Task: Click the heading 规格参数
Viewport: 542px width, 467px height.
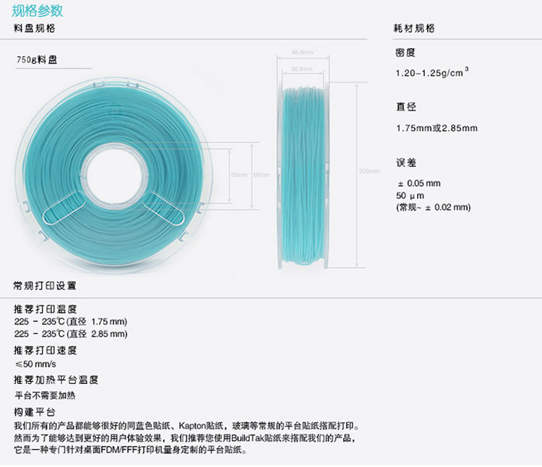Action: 38,10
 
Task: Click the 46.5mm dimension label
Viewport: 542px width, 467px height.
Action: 301,52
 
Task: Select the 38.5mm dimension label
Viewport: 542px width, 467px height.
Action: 301,69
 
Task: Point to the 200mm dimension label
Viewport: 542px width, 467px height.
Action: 369,171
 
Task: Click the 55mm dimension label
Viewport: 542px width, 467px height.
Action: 238,175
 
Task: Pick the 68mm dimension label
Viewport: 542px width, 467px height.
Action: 261,175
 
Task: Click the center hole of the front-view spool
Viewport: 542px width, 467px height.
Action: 115,174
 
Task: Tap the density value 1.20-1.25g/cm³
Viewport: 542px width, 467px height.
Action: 431,73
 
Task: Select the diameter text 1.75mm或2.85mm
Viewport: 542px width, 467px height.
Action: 436,128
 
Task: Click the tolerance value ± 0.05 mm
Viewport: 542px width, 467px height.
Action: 418,183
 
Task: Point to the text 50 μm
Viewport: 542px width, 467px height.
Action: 410,195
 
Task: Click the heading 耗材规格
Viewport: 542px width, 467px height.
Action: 413,28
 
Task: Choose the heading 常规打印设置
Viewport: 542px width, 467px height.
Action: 44,286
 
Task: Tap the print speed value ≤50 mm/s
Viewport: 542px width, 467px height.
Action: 35,364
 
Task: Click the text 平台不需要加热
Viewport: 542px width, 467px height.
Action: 45,395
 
